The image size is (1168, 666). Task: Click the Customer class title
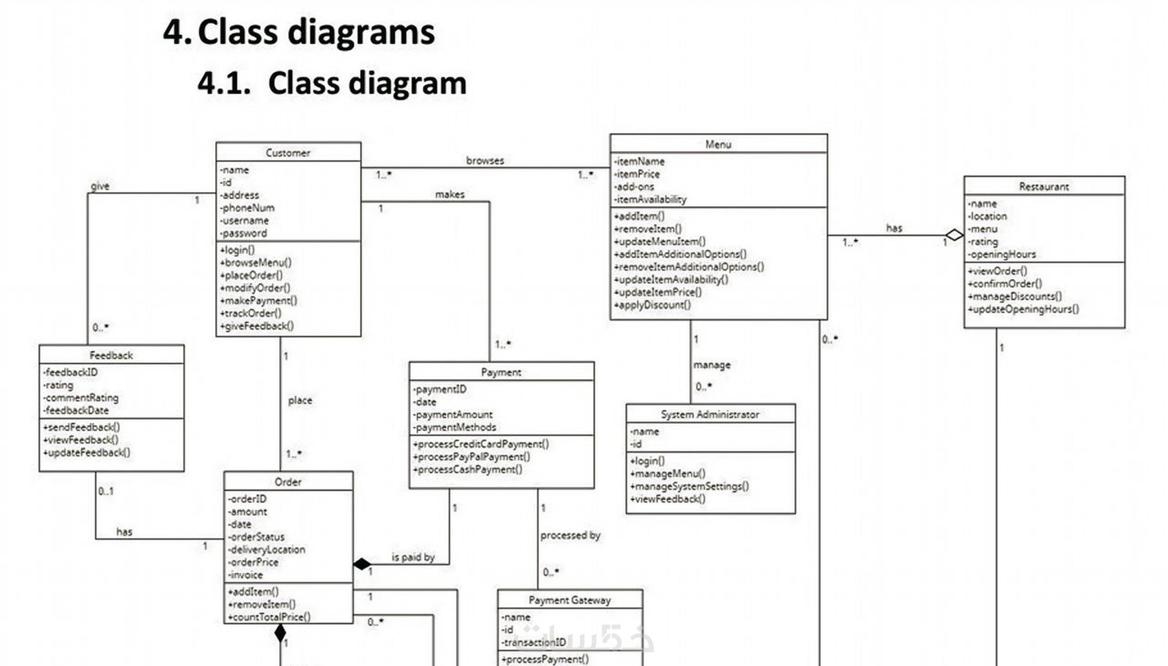coord(288,152)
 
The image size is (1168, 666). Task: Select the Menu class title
coord(718,144)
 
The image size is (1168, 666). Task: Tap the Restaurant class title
coord(1044,186)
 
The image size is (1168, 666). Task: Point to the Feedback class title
coord(111,355)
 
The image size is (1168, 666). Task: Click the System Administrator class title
coord(710,414)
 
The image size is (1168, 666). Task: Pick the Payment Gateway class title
coord(570,599)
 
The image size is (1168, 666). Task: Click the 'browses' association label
coord(485,161)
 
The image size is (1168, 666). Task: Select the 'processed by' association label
coord(570,535)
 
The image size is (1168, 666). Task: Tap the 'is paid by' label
coord(413,557)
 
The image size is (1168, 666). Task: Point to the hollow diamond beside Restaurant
coord(954,235)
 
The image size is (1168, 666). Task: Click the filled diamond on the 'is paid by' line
coord(362,564)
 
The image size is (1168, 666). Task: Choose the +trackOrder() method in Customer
coord(251,313)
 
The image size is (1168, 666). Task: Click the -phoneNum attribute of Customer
coord(247,207)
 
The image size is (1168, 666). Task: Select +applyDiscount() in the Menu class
coord(653,305)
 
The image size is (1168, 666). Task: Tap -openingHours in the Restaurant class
coord(1002,254)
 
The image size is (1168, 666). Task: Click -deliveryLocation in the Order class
coord(267,549)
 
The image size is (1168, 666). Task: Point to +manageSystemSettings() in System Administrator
coord(689,486)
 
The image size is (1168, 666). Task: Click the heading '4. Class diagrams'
coord(299,32)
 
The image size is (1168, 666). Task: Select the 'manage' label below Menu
coord(712,365)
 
